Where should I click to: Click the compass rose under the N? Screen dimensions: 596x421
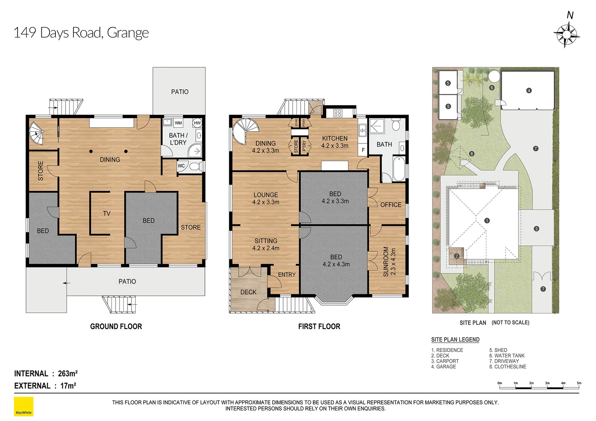(566, 35)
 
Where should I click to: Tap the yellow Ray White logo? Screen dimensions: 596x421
(24, 406)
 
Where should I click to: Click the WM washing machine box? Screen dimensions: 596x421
(178, 123)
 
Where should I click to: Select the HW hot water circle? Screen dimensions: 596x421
(197, 123)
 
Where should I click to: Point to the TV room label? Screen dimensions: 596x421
(107, 213)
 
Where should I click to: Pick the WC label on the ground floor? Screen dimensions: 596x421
(181, 166)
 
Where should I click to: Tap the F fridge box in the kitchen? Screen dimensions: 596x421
(363, 150)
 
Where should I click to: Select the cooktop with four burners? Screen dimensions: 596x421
(338, 113)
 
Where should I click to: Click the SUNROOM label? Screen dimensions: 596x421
(386, 262)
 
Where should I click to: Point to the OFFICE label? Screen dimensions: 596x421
(391, 205)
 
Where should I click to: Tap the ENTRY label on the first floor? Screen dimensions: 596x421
(287, 275)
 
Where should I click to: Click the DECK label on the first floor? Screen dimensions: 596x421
(248, 292)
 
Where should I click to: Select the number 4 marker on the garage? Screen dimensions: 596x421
(529, 90)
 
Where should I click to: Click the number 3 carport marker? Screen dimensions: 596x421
(536, 229)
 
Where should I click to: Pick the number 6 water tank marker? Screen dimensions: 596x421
(492, 87)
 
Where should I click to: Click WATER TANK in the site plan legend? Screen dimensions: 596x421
(509, 356)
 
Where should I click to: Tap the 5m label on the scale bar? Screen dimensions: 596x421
(579, 383)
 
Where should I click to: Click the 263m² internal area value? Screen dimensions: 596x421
(68, 373)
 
